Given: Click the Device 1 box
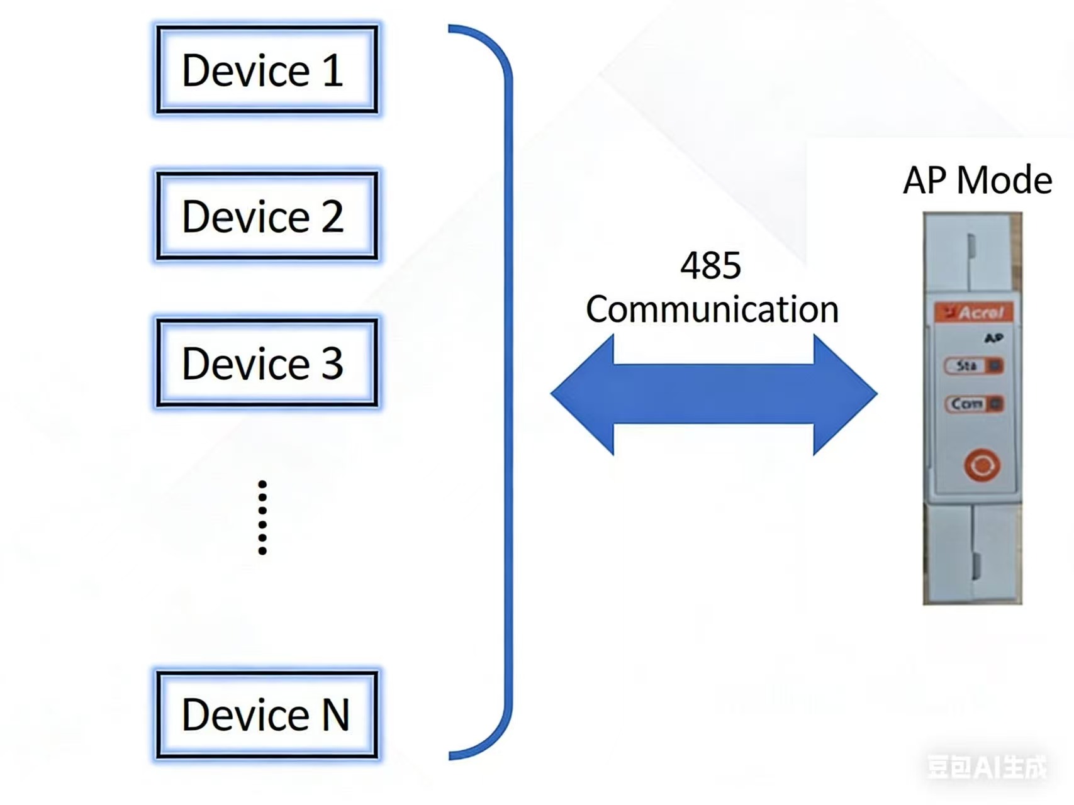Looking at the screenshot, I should [x=267, y=70].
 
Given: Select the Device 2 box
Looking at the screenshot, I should [x=267, y=216].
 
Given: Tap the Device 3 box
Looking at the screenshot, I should [x=267, y=363].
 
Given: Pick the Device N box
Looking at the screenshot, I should [x=267, y=714].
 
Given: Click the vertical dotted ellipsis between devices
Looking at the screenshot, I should [x=262, y=518].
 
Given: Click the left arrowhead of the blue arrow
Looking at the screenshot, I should [x=582, y=394].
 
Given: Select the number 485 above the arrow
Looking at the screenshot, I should [x=710, y=265].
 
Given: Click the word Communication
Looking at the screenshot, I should [x=712, y=309].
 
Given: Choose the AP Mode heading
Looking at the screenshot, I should [x=977, y=180].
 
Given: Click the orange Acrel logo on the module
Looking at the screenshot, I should [x=974, y=312].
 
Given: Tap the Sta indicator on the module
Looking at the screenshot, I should [x=973, y=365].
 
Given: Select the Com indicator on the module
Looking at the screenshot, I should [x=974, y=404].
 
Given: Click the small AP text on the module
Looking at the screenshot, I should [x=993, y=338].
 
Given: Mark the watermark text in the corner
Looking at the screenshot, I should [x=987, y=767].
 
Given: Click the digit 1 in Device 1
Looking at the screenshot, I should [x=333, y=70].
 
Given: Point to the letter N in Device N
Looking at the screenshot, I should [x=335, y=714].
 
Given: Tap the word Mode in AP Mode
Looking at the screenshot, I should [x=1004, y=180].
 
